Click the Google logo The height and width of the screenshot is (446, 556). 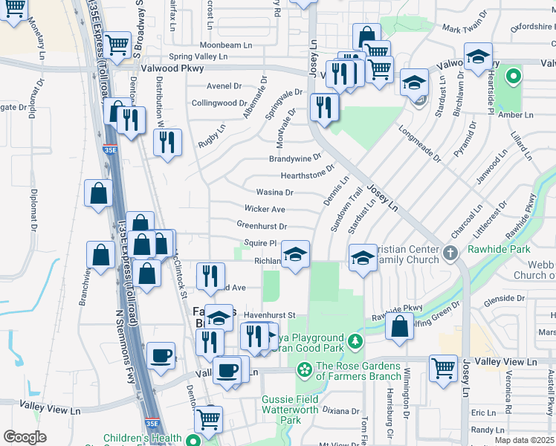click(25, 437)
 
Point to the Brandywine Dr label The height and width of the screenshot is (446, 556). click(294, 158)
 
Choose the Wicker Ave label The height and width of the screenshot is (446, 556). click(265, 210)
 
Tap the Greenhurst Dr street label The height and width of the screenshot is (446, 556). click(262, 226)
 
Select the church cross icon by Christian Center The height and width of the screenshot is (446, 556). click(450, 254)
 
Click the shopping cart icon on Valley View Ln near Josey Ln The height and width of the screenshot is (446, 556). click(444, 368)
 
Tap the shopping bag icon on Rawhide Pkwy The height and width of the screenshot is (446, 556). click(400, 325)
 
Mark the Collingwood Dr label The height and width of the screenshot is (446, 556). click(219, 103)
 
